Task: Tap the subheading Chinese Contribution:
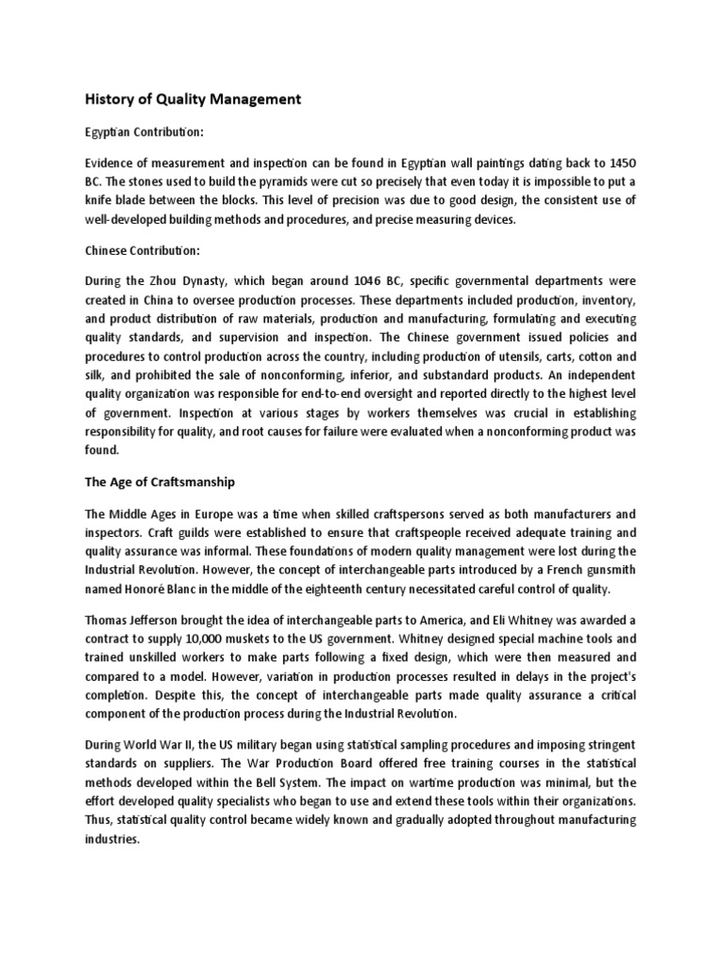click(147, 251)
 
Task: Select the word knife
click(100, 200)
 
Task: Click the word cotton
click(588, 357)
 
